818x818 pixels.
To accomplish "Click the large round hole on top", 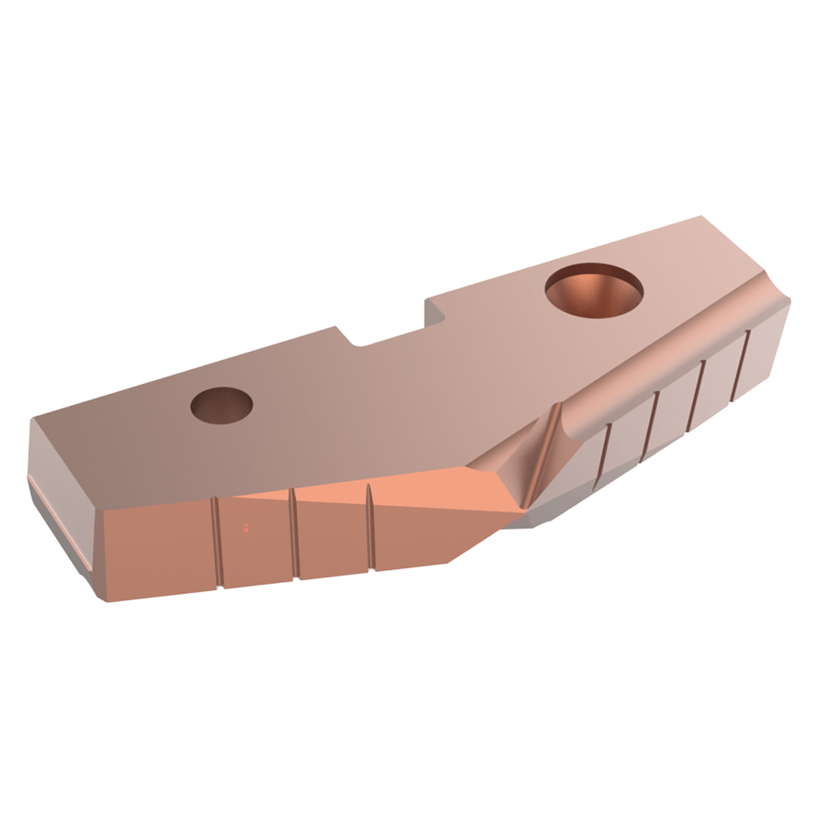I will coord(594,291).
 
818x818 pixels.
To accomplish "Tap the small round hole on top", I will coord(222,405).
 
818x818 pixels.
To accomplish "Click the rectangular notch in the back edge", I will coord(390,329).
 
